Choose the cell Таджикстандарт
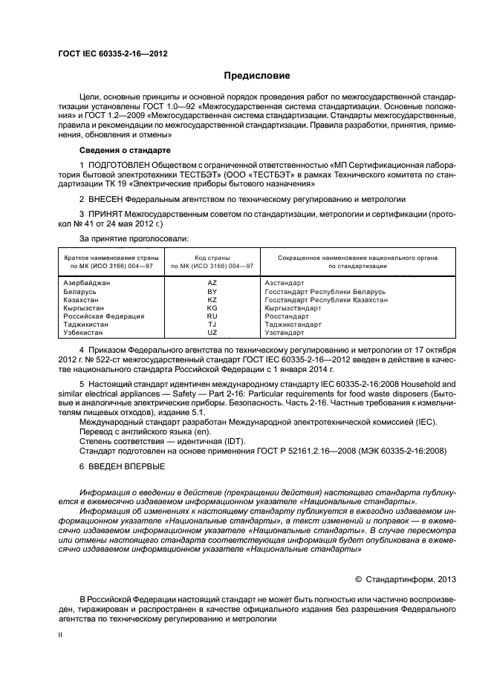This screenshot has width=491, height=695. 293,324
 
